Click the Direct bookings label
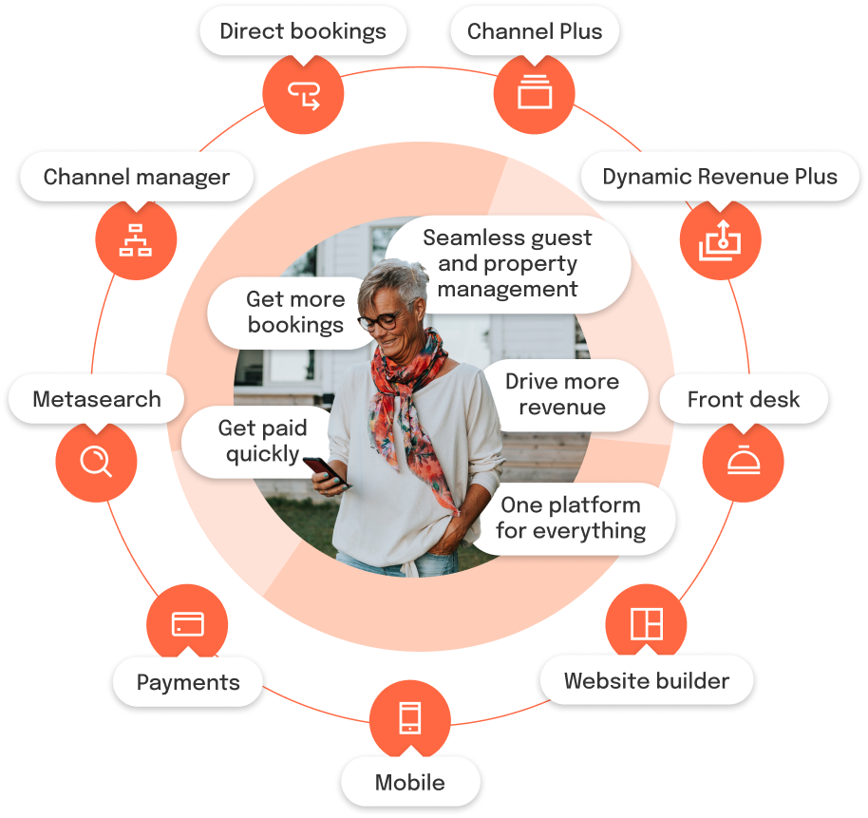(303, 31)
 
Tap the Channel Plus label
(535, 31)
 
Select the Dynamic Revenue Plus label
(720, 177)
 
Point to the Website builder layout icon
(647, 623)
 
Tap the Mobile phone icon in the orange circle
(409, 717)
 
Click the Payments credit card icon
(187, 624)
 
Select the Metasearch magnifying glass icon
(95, 461)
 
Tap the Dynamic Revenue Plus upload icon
(719, 241)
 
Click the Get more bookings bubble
(295, 313)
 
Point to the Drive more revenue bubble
(562, 394)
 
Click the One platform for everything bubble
(571, 518)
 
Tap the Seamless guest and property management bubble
(507, 263)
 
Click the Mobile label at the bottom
(409, 783)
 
